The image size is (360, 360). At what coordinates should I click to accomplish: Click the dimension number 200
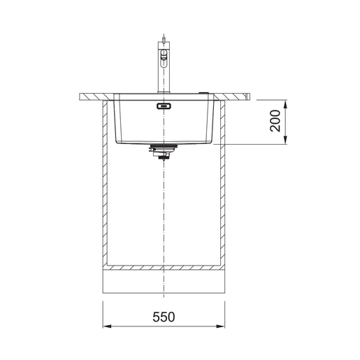[x=276, y=122]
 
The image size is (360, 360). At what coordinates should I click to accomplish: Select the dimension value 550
[x=164, y=317]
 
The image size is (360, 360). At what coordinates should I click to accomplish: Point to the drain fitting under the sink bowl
[x=164, y=152]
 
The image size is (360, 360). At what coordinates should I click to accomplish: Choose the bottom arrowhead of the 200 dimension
[x=286, y=141]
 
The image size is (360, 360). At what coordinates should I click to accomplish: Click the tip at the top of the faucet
[x=164, y=34]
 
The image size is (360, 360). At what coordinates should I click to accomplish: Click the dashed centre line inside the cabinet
[x=164, y=210]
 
